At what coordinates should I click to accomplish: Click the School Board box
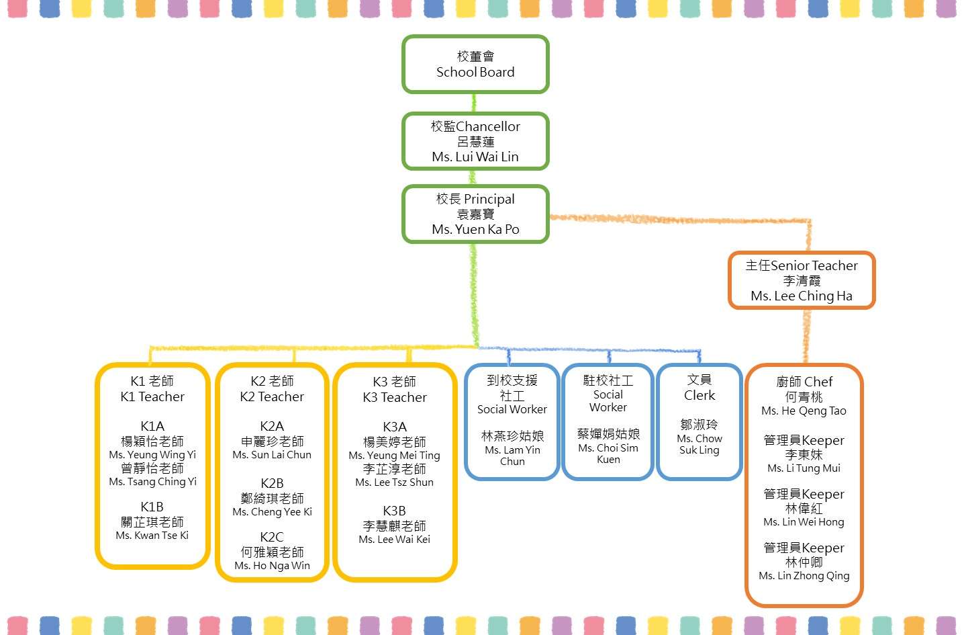point(475,65)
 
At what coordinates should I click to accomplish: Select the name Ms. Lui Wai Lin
point(475,157)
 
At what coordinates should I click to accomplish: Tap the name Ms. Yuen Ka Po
point(475,230)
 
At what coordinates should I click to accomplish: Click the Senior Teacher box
point(802,280)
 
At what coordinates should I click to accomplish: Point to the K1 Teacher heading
point(152,397)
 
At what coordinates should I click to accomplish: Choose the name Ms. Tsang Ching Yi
point(152,482)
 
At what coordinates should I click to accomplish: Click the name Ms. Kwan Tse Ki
point(152,536)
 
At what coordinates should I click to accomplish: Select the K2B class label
point(272,483)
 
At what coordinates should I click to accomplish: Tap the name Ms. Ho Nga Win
point(272,566)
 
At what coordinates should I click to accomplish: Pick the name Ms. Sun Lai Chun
point(272,455)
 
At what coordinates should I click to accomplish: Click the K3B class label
point(394,511)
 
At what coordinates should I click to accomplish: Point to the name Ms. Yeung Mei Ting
point(394,456)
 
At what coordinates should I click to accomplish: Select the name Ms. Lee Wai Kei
point(394,540)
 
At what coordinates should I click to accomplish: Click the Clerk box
point(699,421)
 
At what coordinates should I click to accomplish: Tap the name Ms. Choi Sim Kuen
point(608,454)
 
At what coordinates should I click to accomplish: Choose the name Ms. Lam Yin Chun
point(512,456)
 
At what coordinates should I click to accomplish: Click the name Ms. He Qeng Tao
point(804,411)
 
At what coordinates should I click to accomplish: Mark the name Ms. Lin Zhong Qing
point(804,576)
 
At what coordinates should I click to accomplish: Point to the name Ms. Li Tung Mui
point(804,468)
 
